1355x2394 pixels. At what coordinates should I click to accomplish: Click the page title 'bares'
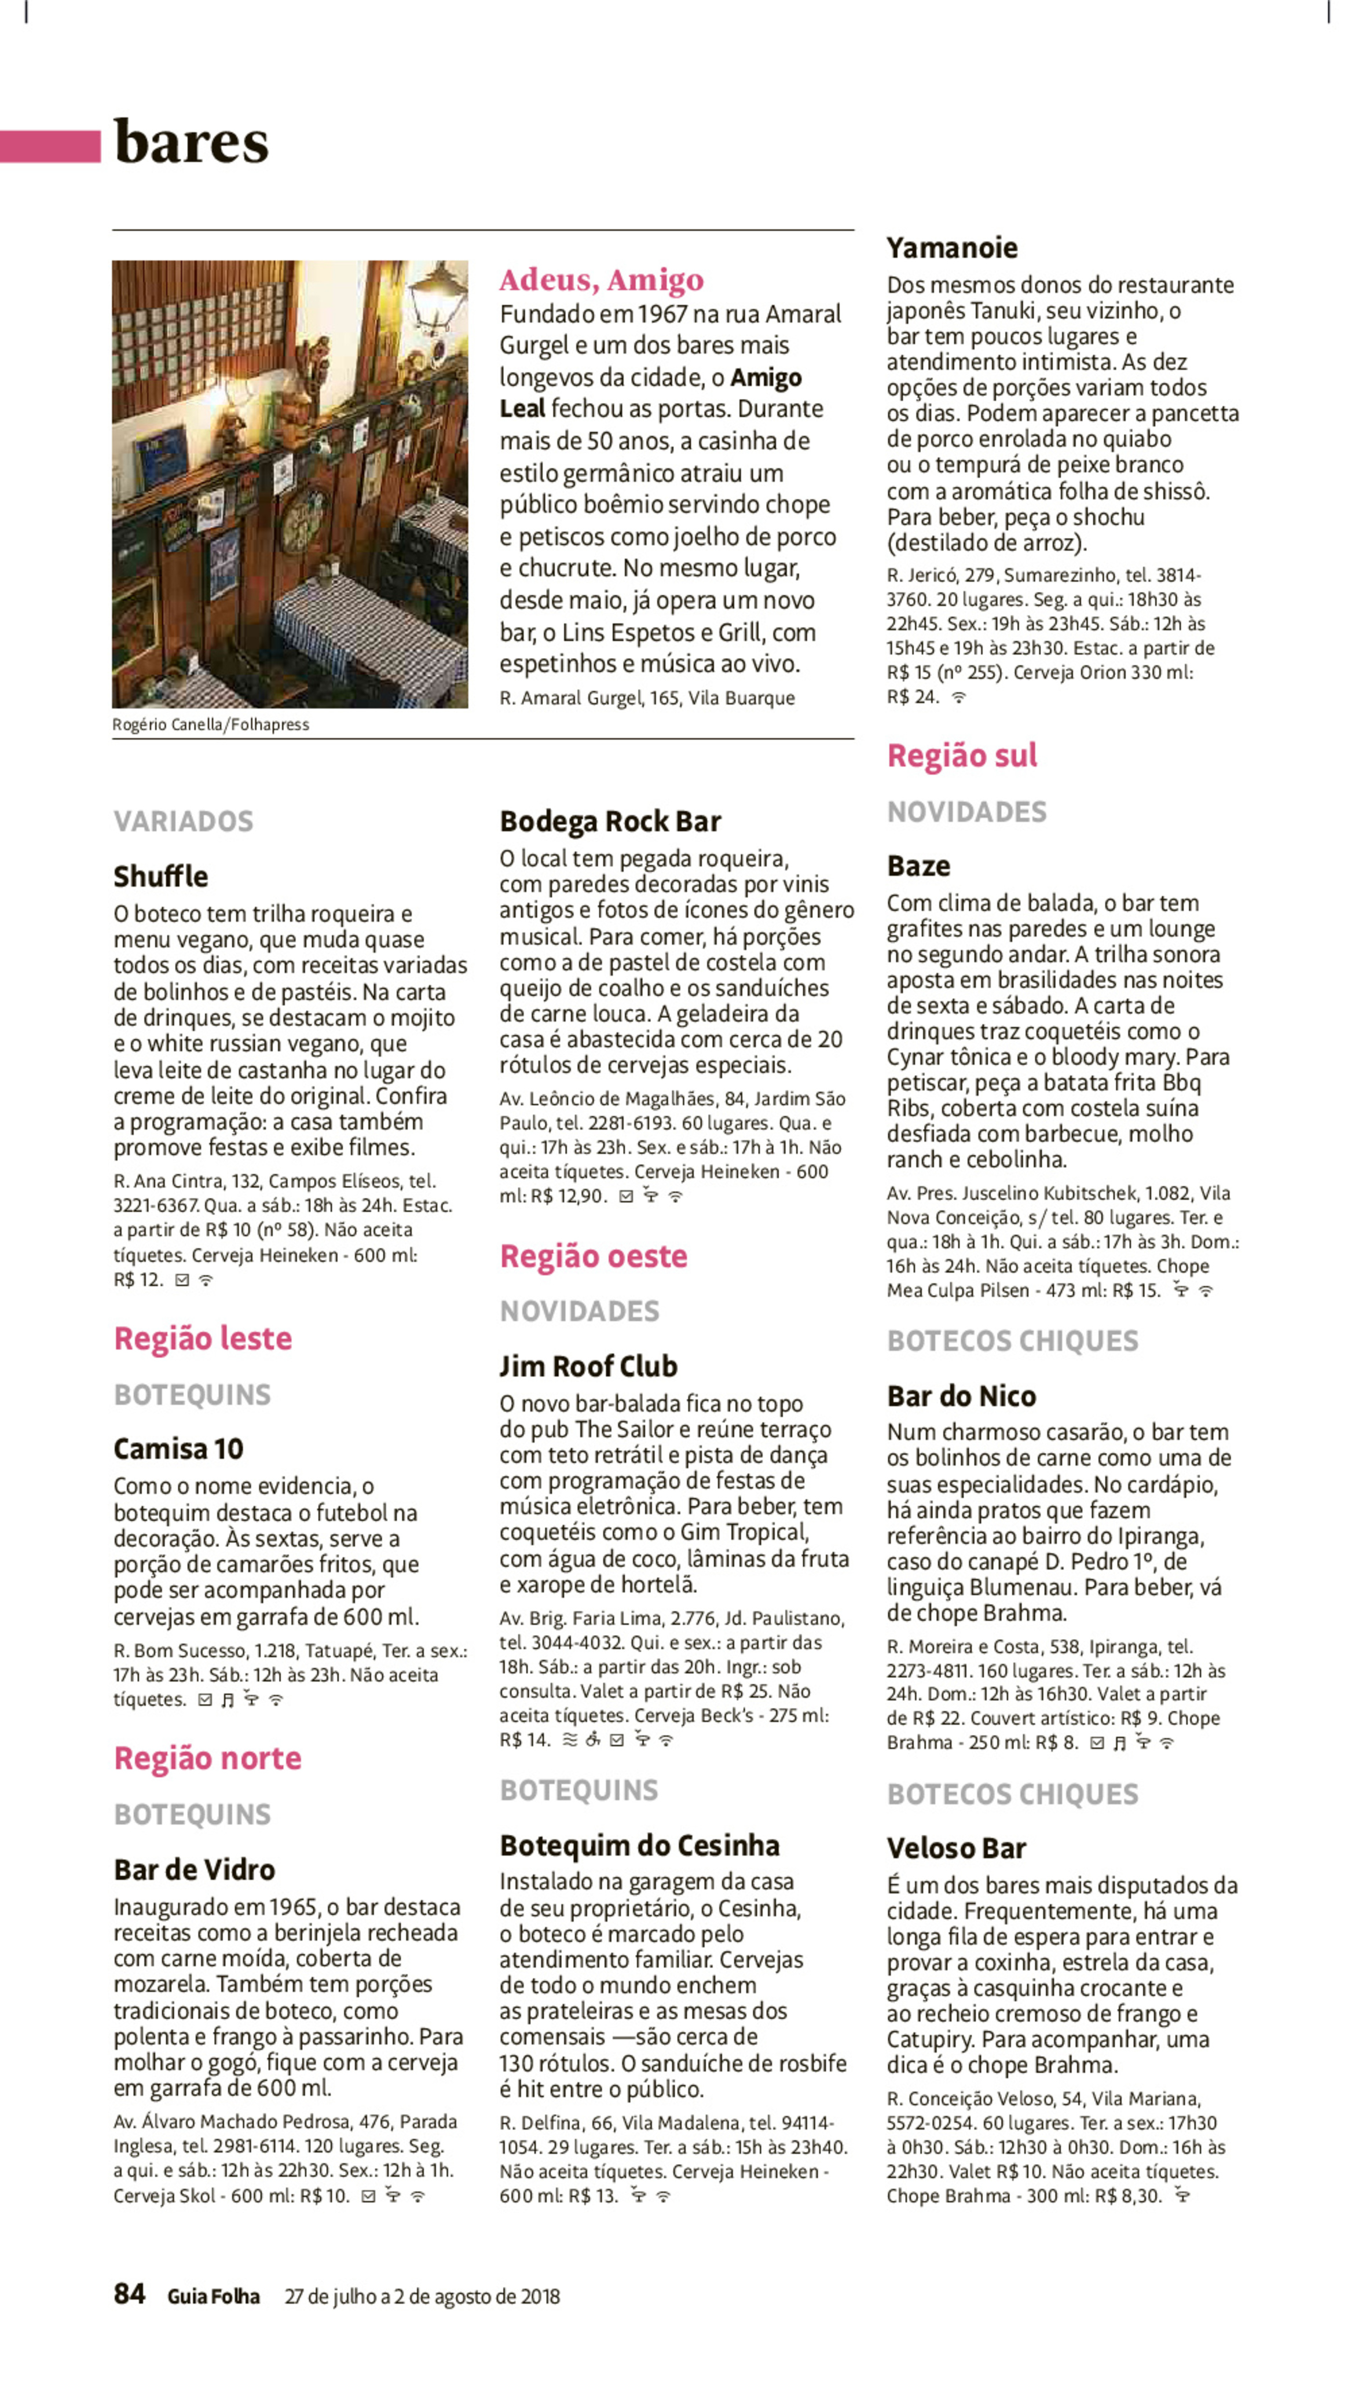point(191,143)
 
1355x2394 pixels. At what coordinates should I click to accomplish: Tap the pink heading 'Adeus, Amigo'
point(601,279)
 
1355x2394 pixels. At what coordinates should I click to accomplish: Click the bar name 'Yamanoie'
point(951,247)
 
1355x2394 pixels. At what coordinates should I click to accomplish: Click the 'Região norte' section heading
point(207,1758)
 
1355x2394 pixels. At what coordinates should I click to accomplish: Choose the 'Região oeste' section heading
point(594,1256)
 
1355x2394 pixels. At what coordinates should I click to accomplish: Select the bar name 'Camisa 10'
point(178,1448)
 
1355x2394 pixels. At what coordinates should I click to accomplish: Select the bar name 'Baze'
point(918,866)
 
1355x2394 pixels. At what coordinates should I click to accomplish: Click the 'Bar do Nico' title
point(961,1396)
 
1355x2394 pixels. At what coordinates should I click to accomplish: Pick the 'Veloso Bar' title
point(956,1848)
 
